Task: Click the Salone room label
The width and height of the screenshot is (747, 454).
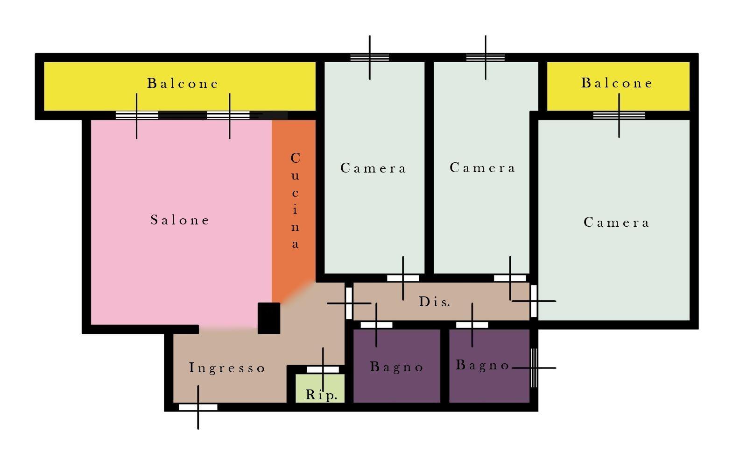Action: (180, 220)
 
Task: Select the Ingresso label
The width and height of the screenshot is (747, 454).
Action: (227, 368)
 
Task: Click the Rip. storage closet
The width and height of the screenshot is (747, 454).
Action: (320, 388)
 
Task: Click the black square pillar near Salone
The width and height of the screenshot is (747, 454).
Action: (269, 318)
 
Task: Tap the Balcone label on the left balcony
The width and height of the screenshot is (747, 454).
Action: (183, 83)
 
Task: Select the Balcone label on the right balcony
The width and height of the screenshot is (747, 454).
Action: (617, 83)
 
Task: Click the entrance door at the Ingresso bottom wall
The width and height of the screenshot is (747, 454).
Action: (198, 407)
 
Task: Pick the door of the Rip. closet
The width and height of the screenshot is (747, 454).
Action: (323, 369)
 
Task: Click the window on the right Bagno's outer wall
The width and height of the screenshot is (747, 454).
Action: (534, 368)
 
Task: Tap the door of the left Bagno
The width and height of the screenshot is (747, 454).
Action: (376, 324)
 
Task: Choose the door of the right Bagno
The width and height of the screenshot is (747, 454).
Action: (472, 324)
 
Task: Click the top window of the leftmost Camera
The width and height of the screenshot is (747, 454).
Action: (369, 58)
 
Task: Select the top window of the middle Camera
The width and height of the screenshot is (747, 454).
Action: (486, 58)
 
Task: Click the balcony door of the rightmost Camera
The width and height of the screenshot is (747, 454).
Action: (619, 115)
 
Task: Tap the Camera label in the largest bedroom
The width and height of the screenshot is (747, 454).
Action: (617, 223)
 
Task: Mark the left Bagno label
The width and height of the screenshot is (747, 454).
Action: (397, 367)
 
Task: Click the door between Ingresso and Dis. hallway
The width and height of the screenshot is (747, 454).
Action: (349, 303)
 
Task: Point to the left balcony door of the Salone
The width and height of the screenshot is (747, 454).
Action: (137, 115)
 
